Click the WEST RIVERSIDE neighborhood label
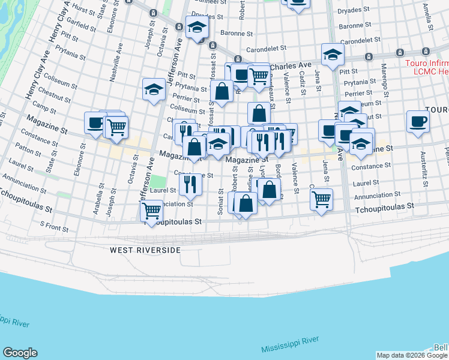coord(145,249)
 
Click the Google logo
coord(20,353)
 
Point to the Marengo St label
coord(385,79)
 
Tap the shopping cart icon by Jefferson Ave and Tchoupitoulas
coord(151,211)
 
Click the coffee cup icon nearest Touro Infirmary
coord(418,121)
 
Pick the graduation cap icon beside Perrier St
coord(154,89)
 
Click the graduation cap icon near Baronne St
coord(196,28)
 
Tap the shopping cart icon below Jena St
coord(322,199)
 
